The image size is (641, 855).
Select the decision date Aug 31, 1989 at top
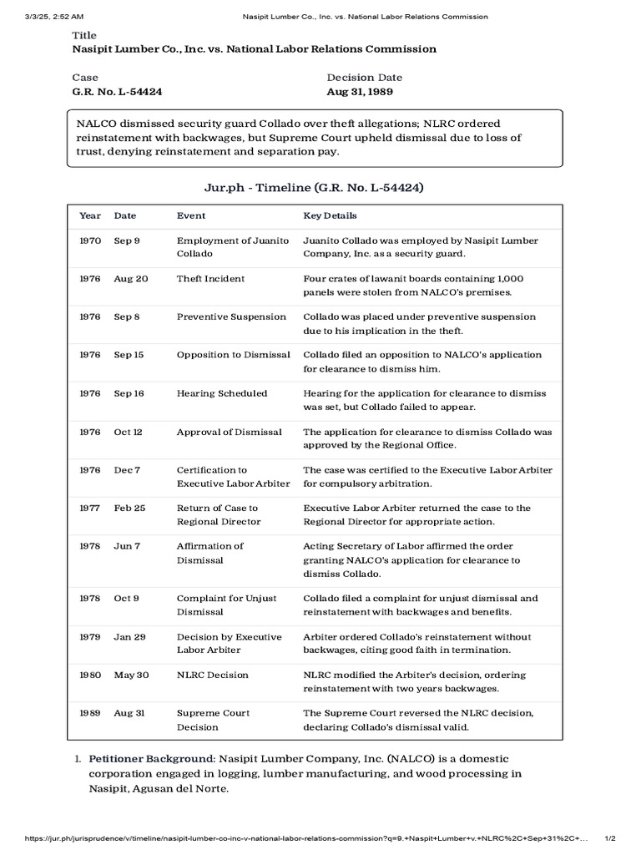(360, 92)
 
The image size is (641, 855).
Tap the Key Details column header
(330, 215)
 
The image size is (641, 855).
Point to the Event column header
(191, 215)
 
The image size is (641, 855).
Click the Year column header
(90, 215)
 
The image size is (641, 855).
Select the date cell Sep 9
(127, 240)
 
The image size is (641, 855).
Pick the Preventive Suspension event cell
(231, 317)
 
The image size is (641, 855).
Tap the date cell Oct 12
(129, 432)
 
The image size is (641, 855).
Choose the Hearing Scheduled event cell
(222, 393)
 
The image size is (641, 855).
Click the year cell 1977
(90, 508)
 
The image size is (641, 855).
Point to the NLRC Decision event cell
(212, 675)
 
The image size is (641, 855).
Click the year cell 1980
(90, 675)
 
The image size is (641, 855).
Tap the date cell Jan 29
(129, 636)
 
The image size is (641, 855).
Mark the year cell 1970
(90, 240)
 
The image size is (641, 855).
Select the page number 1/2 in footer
(609, 838)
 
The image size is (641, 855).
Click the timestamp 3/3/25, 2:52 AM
(54, 16)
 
